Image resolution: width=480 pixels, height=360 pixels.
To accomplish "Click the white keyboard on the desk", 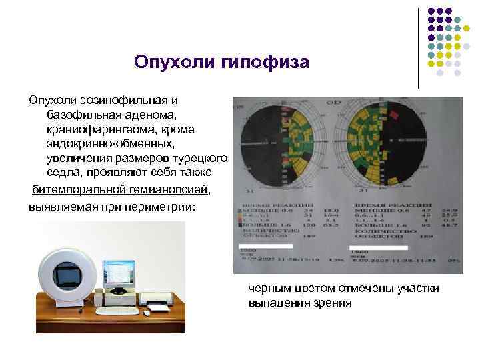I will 117,310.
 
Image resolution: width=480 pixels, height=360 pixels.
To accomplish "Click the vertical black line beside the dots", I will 418,47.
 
